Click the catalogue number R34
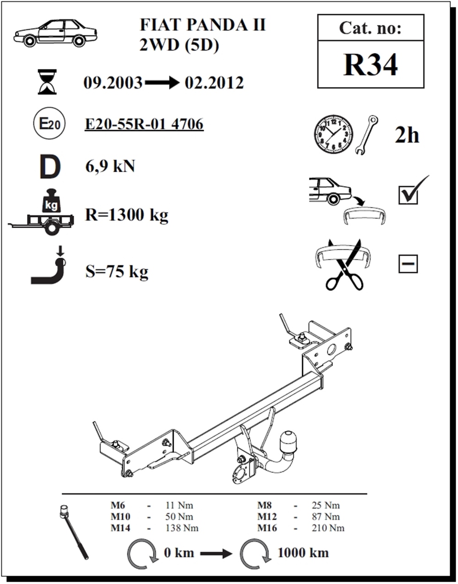tap(371, 65)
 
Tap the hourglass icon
tap(47, 82)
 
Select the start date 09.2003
tap(113, 82)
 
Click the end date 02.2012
tap(214, 82)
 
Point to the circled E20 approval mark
tap(49, 123)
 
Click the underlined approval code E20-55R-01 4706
tap(144, 124)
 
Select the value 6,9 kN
tap(110, 166)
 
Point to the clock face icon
tap(333, 134)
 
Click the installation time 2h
tap(407, 135)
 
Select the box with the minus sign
tap(408, 264)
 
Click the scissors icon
tap(344, 265)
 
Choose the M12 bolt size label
tap(267, 517)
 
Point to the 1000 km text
tap(303, 553)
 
